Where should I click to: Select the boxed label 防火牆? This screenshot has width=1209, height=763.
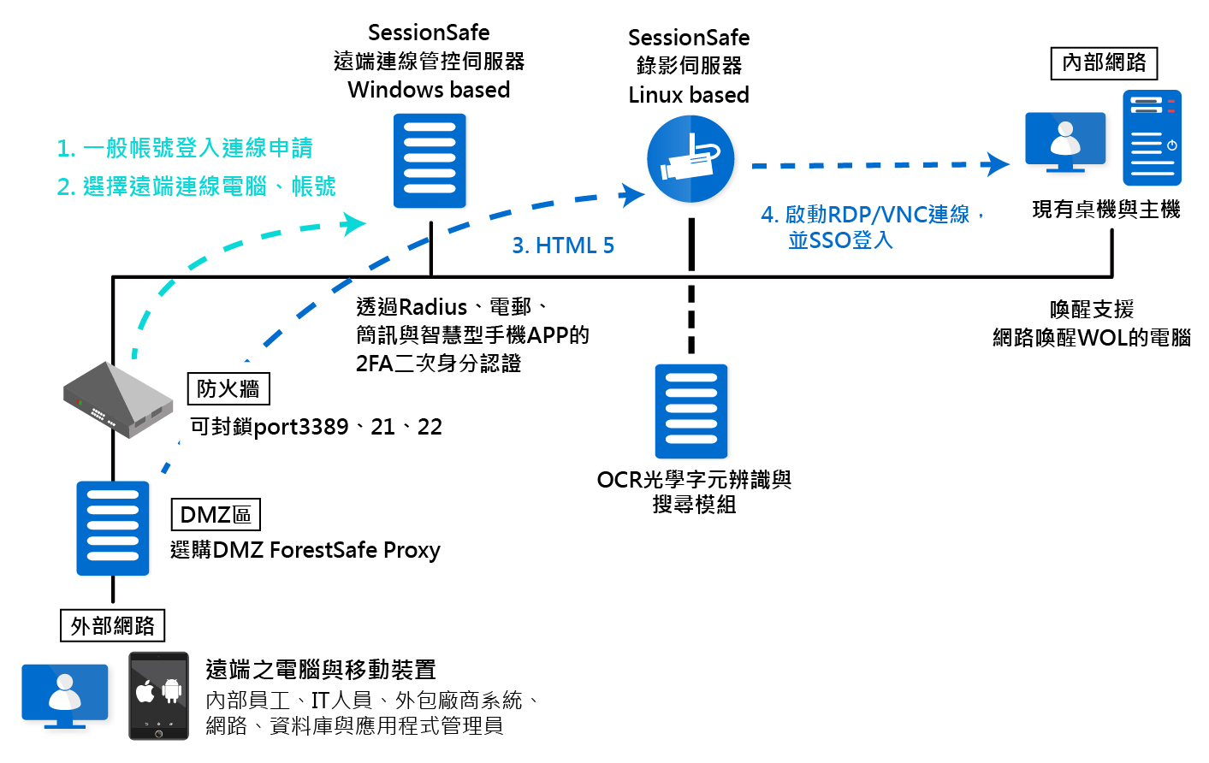228,389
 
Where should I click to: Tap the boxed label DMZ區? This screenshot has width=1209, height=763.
216,515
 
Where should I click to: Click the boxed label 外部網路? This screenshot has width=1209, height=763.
112,626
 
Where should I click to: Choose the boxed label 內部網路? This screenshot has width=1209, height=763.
1104,63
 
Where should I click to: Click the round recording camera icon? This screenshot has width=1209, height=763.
690,160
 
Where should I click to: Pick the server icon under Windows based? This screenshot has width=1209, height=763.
430,161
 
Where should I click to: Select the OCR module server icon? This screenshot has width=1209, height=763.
691,411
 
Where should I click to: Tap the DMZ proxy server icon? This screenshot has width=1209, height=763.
113,528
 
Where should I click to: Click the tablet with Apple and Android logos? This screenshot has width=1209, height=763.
158,695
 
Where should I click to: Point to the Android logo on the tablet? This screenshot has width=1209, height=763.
172,690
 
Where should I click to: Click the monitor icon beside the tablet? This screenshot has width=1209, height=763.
65,695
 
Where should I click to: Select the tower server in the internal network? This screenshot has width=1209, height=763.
1152,138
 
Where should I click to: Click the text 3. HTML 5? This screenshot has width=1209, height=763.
563,245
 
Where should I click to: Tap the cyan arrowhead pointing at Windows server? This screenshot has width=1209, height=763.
354,224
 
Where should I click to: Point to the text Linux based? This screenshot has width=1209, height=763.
689,95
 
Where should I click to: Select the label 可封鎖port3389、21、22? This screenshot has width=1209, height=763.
316,427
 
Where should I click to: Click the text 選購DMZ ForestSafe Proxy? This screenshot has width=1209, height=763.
305,550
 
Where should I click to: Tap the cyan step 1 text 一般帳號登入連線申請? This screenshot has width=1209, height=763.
198,148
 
